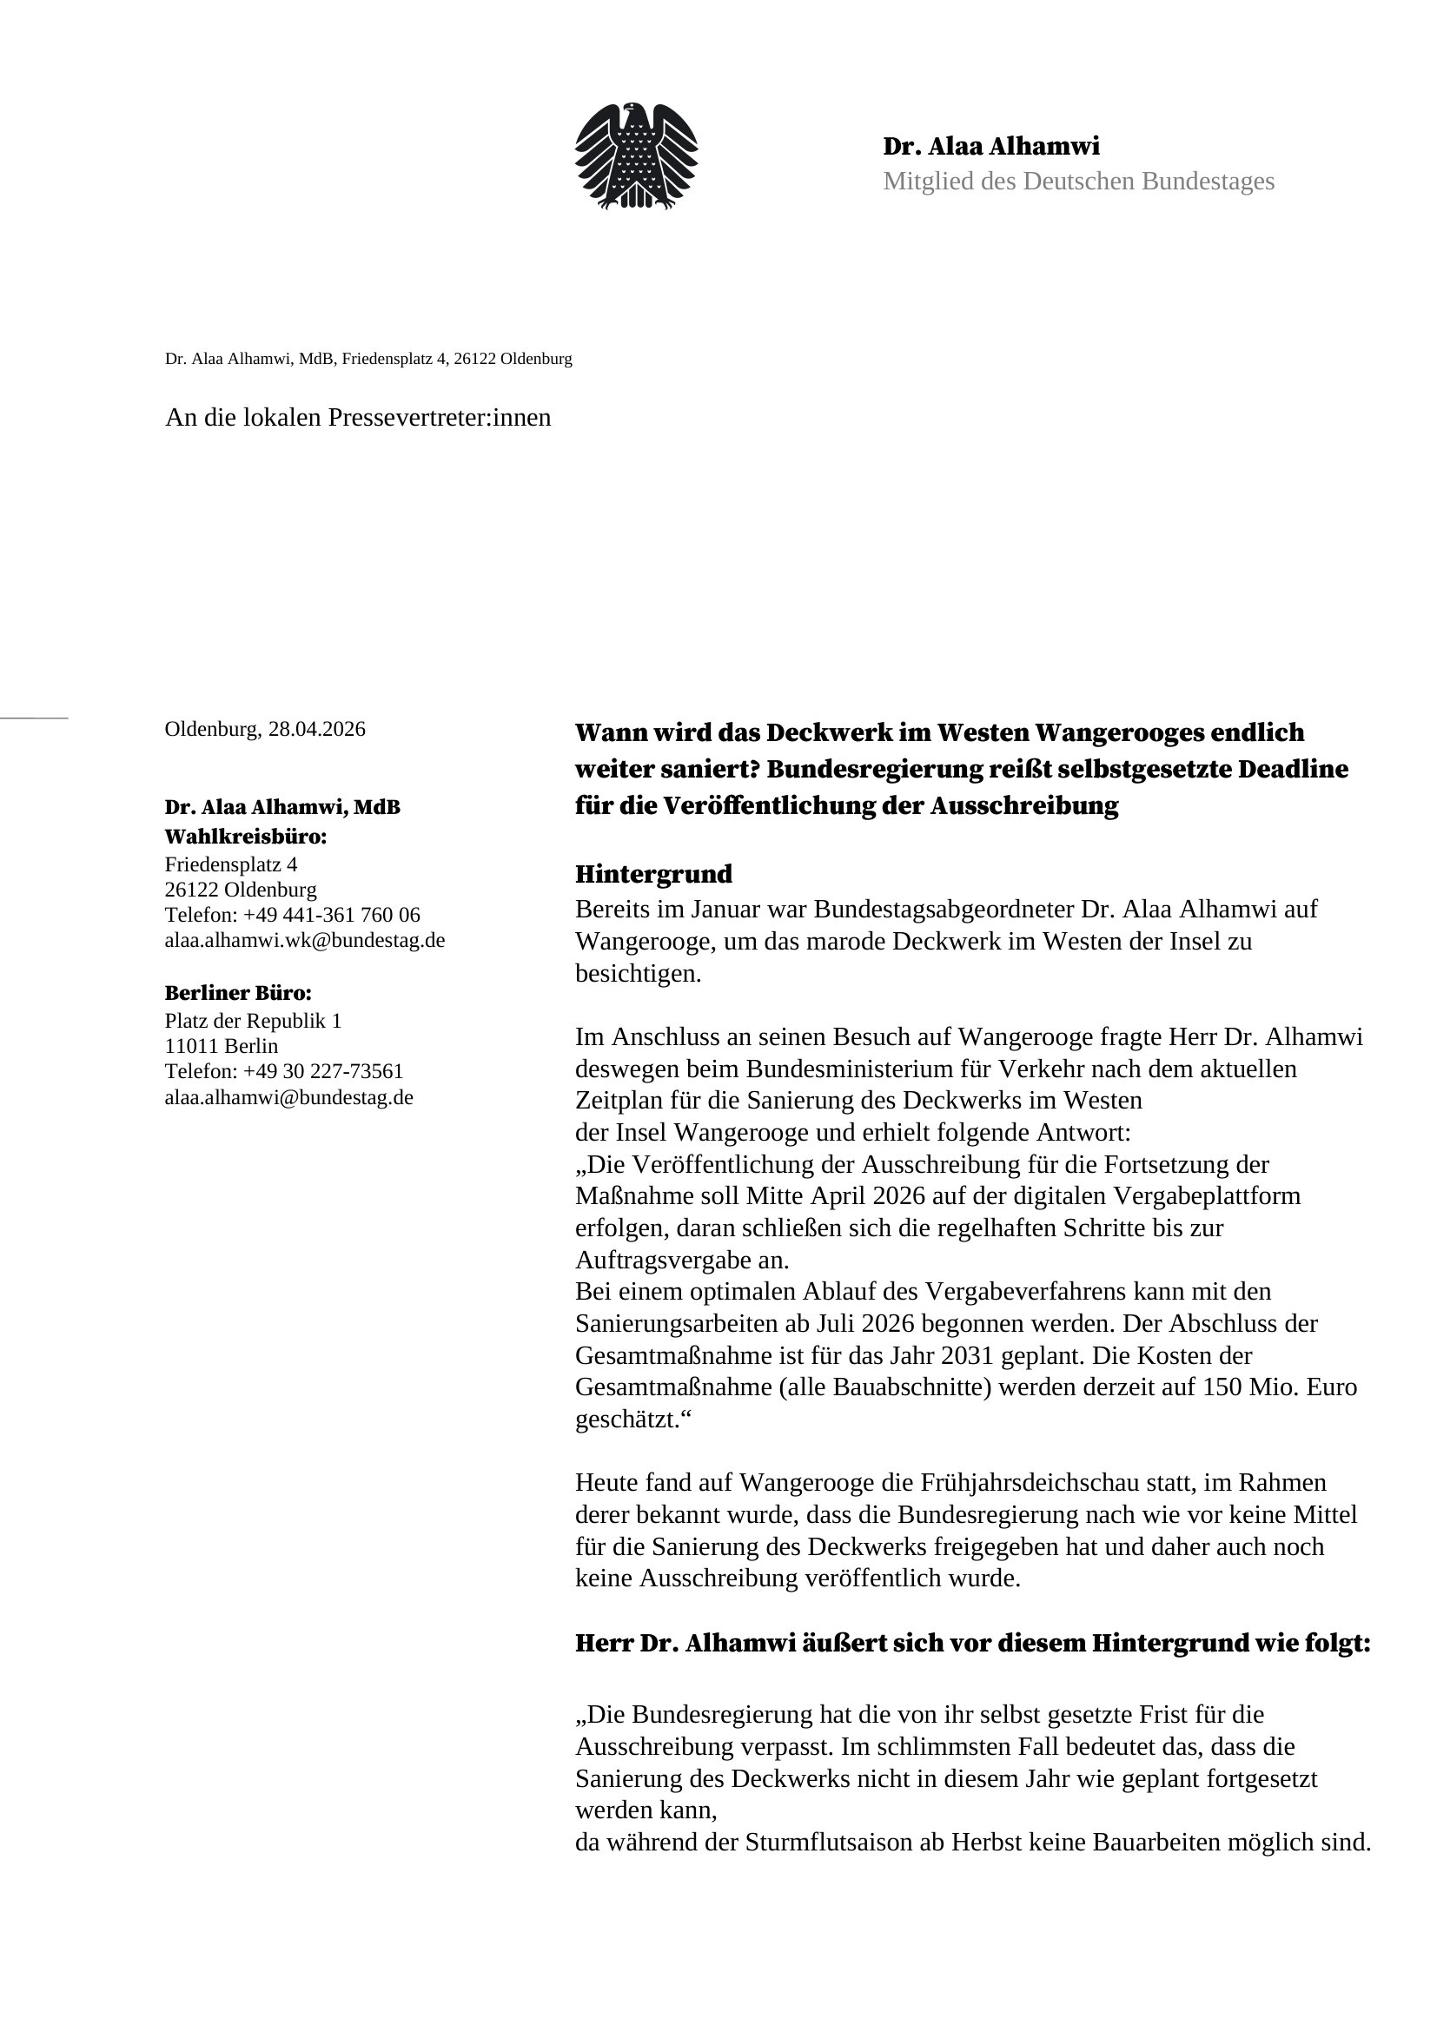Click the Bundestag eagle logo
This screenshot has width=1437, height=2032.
635,156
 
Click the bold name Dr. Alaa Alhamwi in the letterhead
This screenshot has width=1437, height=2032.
991,146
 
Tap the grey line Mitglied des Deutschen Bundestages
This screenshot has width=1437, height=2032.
1077,182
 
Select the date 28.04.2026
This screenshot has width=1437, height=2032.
317,729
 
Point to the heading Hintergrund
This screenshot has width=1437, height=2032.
653,875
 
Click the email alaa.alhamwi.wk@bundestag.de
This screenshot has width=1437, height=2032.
304,940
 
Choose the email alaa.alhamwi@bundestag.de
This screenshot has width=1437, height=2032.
288,1097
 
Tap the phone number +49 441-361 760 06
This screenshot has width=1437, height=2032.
331,915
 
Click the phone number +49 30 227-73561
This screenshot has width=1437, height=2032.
323,1072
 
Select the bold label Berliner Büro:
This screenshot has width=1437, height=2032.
238,993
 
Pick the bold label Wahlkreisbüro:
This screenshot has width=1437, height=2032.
245,837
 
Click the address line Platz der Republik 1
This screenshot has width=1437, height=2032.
252,1022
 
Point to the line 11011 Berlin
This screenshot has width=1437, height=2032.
222,1046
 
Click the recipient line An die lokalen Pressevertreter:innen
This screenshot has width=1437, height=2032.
357,418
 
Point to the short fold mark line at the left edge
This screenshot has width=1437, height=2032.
34,718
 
